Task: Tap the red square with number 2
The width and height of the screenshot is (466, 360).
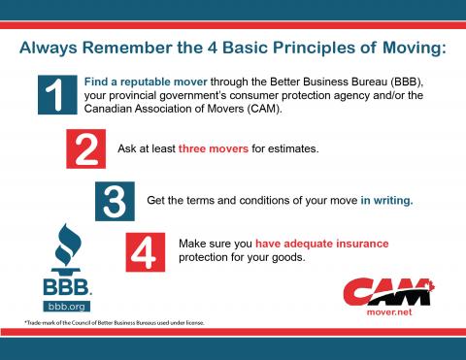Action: [x=84, y=150]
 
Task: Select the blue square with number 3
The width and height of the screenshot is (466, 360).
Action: [x=116, y=200]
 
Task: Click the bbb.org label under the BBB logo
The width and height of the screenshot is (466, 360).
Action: [x=66, y=304]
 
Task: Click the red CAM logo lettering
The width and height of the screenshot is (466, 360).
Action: [x=385, y=289]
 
